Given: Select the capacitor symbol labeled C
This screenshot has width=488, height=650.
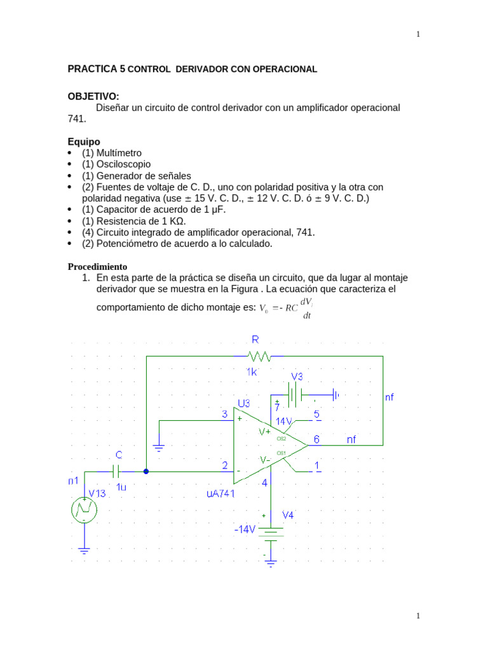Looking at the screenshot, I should pyautogui.click(x=116, y=472).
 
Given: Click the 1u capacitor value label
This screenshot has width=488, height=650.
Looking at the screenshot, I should pyautogui.click(x=121, y=487).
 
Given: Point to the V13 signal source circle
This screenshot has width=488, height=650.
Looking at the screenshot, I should pyautogui.click(x=84, y=510).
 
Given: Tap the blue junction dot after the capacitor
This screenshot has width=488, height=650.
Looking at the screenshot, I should pyautogui.click(x=146, y=472).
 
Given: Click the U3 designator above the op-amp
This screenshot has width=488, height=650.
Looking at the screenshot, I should pyautogui.click(x=244, y=403).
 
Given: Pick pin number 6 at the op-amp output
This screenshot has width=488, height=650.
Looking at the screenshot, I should pyautogui.click(x=316, y=439).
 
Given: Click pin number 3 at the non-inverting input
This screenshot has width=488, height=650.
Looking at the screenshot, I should pyautogui.click(x=224, y=415).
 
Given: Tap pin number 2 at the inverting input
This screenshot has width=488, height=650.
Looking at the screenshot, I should pyautogui.click(x=224, y=466).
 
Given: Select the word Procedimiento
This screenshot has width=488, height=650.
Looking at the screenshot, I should pyautogui.click(x=97, y=267).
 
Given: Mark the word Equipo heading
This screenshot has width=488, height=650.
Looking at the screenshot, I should pyautogui.click(x=84, y=142).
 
